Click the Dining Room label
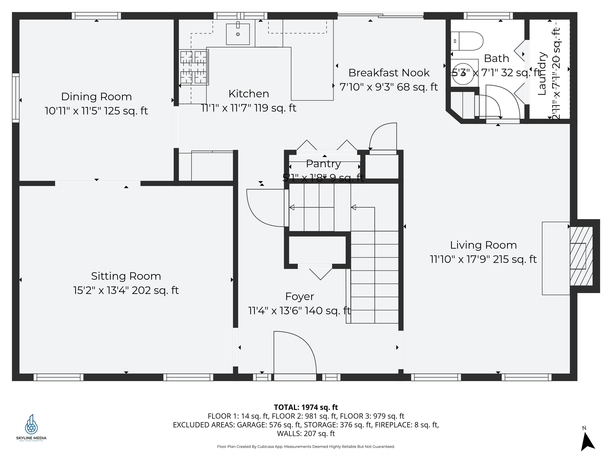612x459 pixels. [x=96, y=97]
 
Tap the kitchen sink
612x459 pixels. [x=238, y=34]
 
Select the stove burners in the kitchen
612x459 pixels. [x=193, y=67]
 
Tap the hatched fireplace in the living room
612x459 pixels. [x=581, y=256]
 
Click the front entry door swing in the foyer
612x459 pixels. [x=295, y=353]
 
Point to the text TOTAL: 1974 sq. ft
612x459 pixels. [x=306, y=407]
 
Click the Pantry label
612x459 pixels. [x=323, y=164]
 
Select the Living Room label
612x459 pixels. [x=483, y=245]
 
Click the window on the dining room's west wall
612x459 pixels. [x=16, y=98]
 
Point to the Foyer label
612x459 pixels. [x=300, y=297]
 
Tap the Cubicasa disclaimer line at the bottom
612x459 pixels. [x=306, y=447]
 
